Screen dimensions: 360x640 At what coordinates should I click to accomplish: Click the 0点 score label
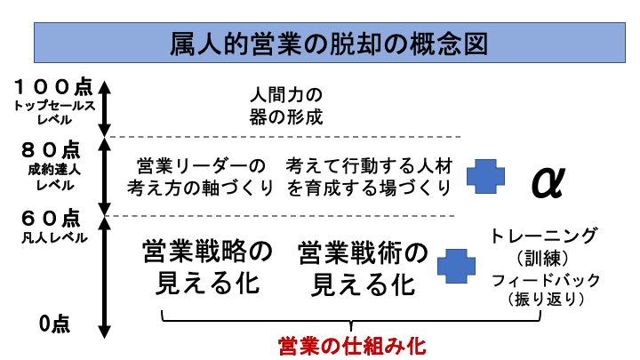tap(55, 324)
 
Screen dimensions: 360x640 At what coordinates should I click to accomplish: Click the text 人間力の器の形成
tap(284, 105)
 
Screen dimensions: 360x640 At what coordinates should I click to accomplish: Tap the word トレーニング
tap(545, 236)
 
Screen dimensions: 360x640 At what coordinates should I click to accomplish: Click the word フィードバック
tap(545, 281)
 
